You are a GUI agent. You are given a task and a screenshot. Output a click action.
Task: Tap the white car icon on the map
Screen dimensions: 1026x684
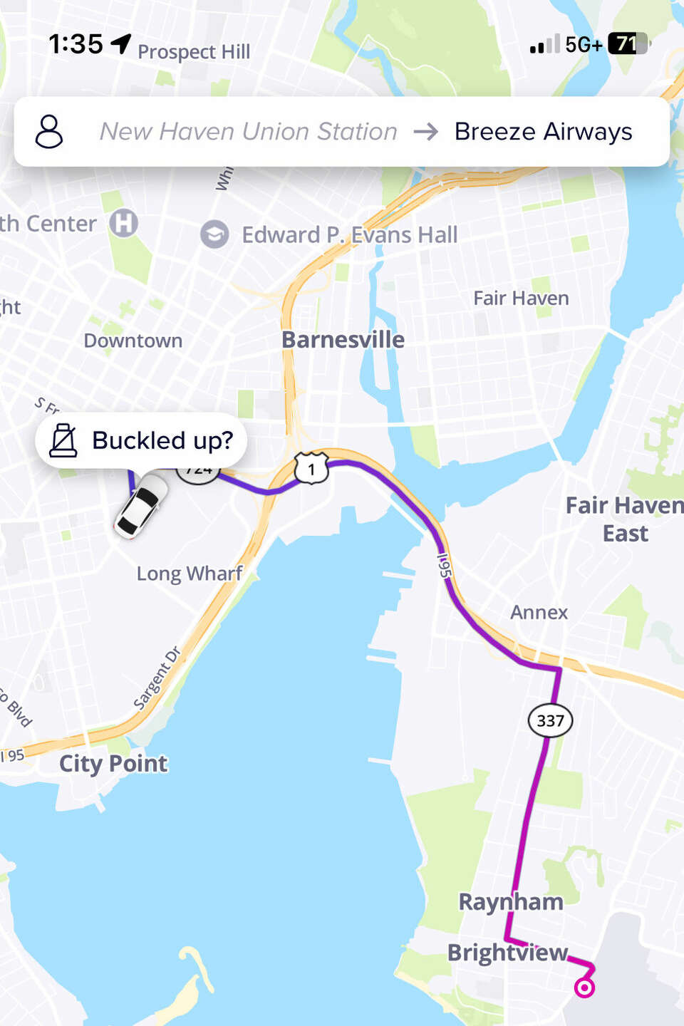(x=142, y=506)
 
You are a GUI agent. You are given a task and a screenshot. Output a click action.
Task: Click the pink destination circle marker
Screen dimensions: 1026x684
(x=584, y=988)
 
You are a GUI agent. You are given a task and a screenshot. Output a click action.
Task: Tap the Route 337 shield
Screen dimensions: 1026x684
(x=550, y=720)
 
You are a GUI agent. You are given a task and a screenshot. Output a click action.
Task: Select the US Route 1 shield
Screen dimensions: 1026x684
(x=311, y=469)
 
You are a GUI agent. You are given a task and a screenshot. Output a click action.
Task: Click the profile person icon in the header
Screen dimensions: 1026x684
(x=49, y=132)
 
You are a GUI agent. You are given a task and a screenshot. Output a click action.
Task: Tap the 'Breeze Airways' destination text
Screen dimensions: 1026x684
(x=543, y=132)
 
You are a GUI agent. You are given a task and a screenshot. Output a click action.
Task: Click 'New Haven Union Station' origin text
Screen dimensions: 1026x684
(x=248, y=132)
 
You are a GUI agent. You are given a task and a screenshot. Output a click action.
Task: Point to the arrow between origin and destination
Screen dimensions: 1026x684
(x=426, y=132)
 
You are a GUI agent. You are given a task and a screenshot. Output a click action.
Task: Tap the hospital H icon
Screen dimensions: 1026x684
(x=123, y=223)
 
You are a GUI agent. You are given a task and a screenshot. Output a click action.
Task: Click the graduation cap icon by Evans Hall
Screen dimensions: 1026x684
(x=214, y=234)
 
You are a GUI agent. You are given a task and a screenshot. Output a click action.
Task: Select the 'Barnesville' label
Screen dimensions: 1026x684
(x=343, y=340)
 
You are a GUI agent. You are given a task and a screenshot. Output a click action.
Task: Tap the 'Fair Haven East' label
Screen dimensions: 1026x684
(x=624, y=519)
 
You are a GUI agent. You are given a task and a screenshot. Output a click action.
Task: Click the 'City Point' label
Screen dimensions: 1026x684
(x=113, y=764)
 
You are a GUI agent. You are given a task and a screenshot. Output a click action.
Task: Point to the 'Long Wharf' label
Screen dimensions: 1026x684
(x=190, y=574)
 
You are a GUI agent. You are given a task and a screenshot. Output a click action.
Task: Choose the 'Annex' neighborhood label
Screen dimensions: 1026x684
(x=539, y=612)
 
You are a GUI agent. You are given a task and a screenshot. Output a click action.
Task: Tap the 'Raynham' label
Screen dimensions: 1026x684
(x=510, y=902)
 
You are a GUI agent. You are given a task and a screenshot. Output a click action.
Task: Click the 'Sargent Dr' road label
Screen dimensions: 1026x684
(x=157, y=678)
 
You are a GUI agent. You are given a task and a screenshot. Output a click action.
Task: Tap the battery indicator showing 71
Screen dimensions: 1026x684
(x=628, y=44)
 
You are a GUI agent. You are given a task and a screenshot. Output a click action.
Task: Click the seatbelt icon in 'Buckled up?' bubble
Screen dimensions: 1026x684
(x=63, y=440)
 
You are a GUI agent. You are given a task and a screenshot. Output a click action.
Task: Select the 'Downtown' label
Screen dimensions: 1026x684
(x=133, y=341)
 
